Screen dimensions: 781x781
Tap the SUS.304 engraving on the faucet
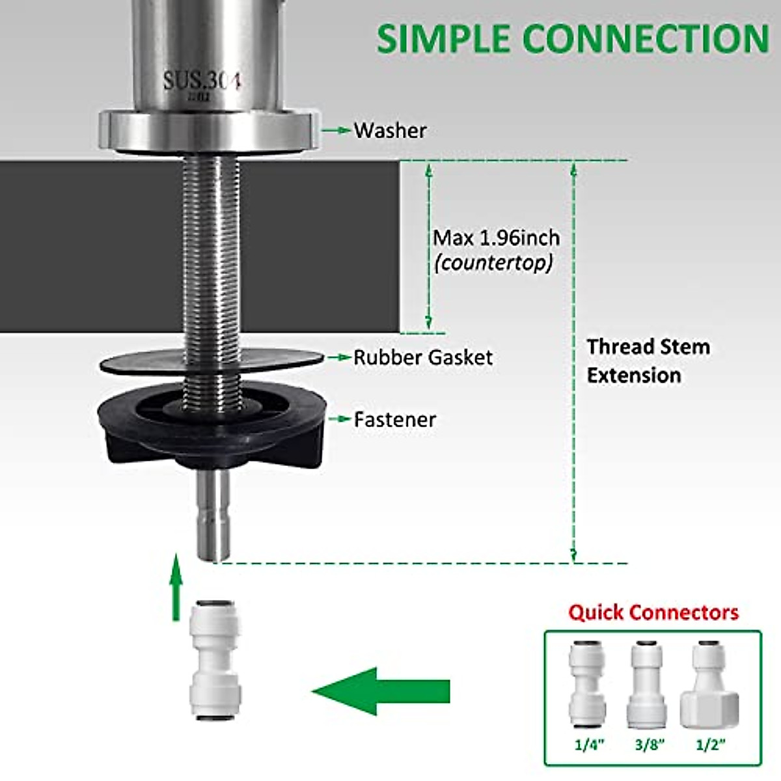202,82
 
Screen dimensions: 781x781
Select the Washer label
390,130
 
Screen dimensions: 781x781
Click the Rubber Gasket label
423,357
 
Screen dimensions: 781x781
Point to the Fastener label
394,419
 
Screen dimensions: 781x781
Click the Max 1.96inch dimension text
497,238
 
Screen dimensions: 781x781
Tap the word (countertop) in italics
494,262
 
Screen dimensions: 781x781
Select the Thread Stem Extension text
648,361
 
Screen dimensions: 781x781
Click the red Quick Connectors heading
653,612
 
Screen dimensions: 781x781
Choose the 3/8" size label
649,744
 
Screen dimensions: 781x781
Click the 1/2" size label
710,744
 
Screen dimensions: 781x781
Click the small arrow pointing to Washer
336,130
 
